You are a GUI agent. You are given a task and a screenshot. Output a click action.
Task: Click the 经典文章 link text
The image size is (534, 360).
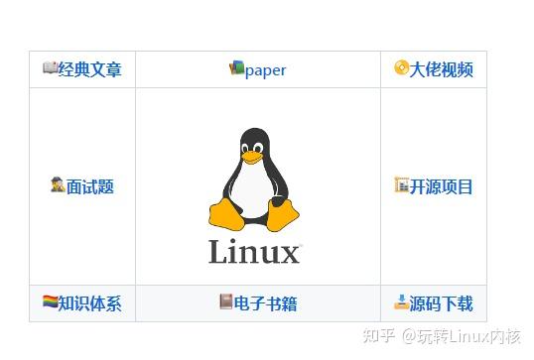coord(90,69)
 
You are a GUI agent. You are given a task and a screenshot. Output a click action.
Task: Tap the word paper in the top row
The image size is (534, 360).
coord(265,69)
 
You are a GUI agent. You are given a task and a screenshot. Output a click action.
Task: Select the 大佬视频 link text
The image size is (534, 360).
coord(442,69)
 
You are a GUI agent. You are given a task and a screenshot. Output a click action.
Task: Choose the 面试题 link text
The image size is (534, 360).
coord(90,186)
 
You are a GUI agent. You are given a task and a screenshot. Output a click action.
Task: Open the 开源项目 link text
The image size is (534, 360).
coord(442,186)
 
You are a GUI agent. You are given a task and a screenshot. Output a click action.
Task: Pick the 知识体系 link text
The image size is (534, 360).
coord(89,303)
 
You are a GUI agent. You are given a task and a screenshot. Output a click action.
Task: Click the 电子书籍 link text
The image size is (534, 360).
coord(265,303)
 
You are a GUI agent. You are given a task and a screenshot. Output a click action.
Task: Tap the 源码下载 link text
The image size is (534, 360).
coord(442,303)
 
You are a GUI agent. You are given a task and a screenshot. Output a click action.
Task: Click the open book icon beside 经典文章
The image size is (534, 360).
coord(50,68)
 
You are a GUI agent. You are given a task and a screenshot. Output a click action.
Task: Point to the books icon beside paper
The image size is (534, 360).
coord(236,68)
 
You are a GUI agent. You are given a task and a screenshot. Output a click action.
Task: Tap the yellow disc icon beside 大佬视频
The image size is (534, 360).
coord(401,68)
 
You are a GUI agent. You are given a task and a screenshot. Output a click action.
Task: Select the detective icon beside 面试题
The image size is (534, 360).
coord(58,184)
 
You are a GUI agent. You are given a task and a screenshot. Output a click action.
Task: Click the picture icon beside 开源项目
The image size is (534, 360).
coord(401,184)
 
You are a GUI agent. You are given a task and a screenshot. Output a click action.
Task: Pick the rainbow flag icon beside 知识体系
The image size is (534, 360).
coord(50,301)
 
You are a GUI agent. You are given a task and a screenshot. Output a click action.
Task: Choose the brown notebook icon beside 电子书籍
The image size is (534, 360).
coord(226,301)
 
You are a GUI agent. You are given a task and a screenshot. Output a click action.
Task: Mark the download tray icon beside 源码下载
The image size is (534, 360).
coord(401,301)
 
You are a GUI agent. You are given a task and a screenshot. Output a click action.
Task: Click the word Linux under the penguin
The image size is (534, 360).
coord(254,253)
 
